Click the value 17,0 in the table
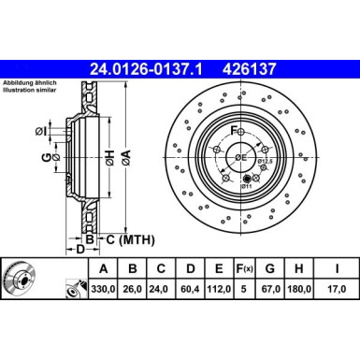tap(334, 291)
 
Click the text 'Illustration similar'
tap(32, 95)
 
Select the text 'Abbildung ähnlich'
tap(32, 87)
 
